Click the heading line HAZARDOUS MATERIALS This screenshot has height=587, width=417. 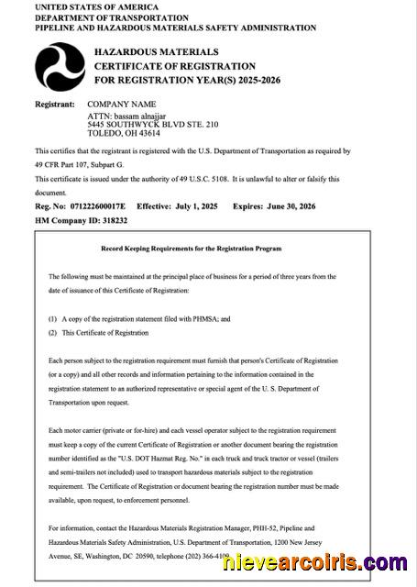pos(157,52)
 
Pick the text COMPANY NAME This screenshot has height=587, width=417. pos(121,105)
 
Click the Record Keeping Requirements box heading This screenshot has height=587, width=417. pos(192,249)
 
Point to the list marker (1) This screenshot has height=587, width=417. pos(52,317)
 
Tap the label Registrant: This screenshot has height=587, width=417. pos(54,105)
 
